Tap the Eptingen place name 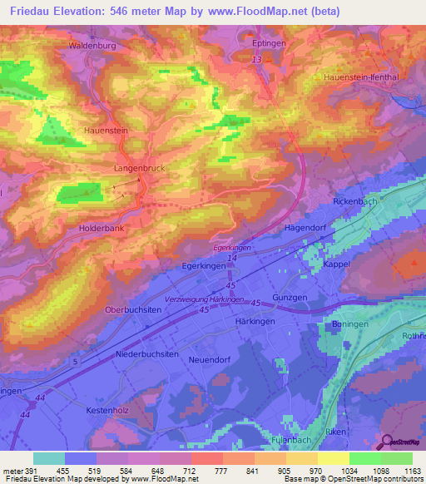tap(269, 39)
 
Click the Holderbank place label tap(77, 227)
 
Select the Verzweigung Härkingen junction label tap(204, 299)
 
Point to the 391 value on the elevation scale tap(25, 471)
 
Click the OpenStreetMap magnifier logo tap(387, 442)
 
